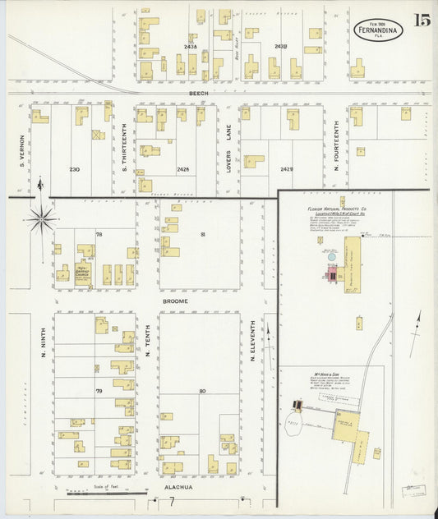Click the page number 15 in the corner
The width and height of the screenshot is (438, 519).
point(422,20)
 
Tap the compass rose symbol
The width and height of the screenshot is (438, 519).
point(41,218)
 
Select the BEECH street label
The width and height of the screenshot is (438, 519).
point(199,94)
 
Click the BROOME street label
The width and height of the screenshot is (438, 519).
point(175,301)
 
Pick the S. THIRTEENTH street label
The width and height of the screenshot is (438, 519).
point(124,149)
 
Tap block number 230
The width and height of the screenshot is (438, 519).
point(75,169)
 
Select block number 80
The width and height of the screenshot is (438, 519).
point(201,390)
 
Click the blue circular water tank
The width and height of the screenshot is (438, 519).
point(331,257)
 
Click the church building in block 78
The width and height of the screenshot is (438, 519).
point(84,272)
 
